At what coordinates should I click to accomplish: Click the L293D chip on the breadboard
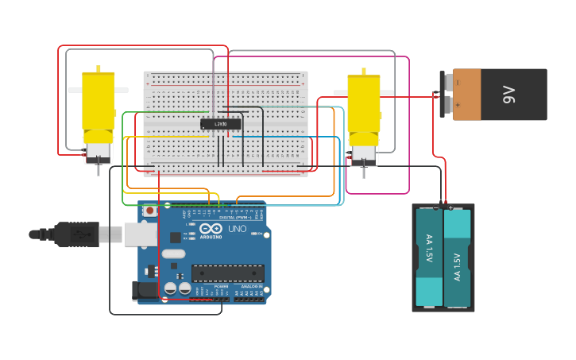221,124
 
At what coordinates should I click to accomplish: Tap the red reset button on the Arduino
149,211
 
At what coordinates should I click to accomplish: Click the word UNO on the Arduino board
238,229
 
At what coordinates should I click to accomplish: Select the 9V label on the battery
508,95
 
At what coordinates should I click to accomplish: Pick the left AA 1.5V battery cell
429,256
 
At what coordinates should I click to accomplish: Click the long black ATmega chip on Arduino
227,273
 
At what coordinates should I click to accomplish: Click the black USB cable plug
76,234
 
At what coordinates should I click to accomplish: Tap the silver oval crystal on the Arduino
173,254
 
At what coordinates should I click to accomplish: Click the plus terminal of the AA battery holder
450,207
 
